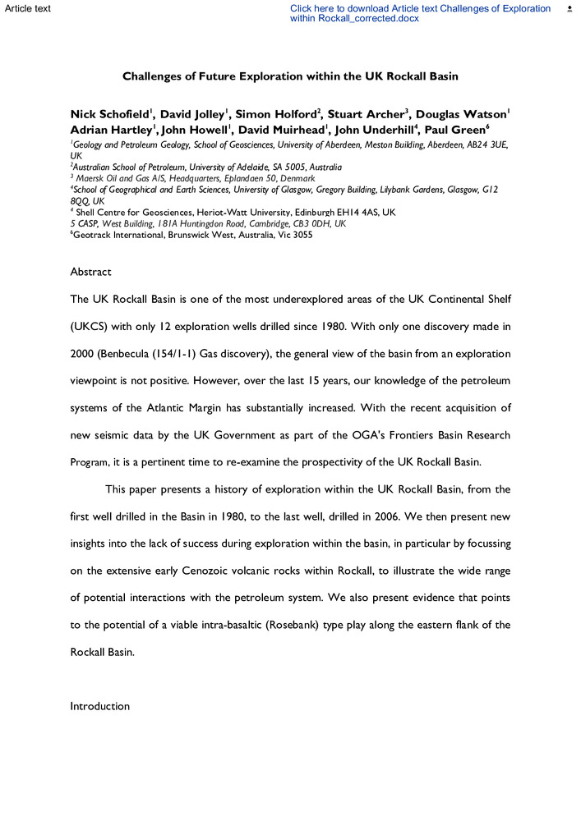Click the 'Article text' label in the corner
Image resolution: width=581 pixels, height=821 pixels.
click(27, 8)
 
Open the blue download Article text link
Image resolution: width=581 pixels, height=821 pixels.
click(420, 13)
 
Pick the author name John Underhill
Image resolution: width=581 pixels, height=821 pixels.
click(371, 130)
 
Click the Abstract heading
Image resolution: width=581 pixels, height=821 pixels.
click(90, 272)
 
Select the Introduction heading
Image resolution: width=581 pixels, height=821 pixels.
click(99, 706)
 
